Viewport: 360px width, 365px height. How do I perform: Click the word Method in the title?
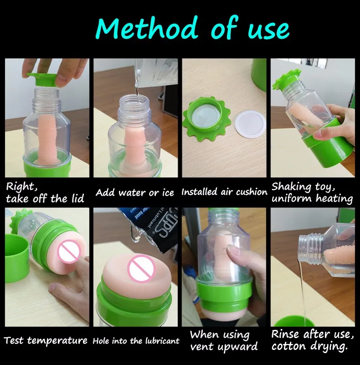[x=147, y=28]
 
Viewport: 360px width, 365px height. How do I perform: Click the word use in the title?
[x=268, y=30]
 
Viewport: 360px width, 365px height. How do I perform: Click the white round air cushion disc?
[x=251, y=124]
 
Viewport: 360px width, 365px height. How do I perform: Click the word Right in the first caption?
[x=21, y=187]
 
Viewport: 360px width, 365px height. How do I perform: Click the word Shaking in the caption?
[x=292, y=187]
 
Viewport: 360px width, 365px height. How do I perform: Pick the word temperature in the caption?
[x=57, y=341]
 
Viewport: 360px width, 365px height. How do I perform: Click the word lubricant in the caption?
[x=162, y=341]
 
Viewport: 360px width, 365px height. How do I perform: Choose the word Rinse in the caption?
[x=285, y=334]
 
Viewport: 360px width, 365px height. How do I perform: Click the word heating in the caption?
[x=334, y=198]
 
